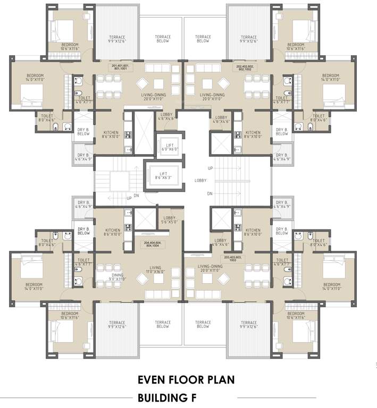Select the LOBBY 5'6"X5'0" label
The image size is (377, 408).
(x=170, y=220)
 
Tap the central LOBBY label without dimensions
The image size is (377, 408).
(x=200, y=181)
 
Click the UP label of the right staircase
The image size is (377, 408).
(x=210, y=168)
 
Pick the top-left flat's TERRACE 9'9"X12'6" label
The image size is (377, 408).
(x=117, y=39)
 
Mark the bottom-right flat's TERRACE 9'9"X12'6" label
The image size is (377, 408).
(x=248, y=325)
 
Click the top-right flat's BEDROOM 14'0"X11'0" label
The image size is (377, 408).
(x=330, y=78)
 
